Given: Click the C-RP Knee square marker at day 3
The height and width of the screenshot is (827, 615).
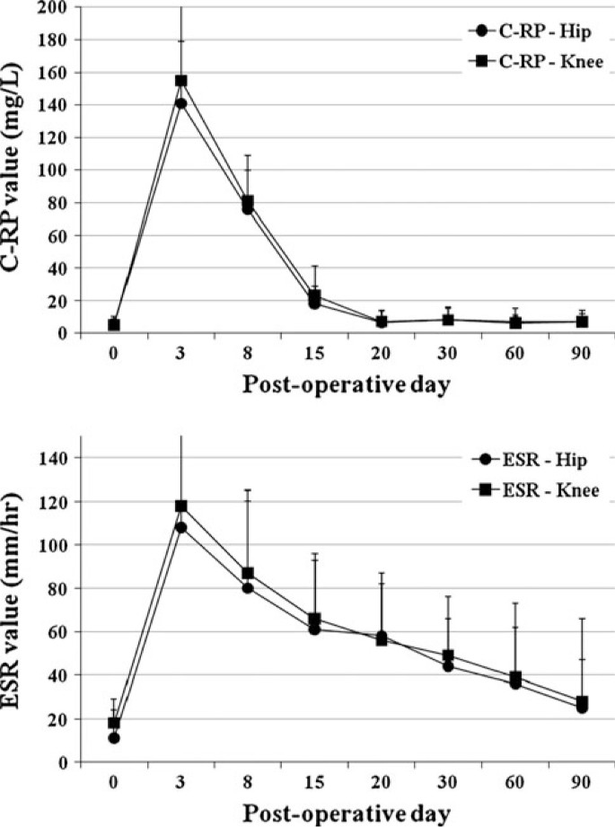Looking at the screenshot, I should coord(180,80).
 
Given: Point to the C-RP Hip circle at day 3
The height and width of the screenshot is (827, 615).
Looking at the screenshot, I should coord(180,103).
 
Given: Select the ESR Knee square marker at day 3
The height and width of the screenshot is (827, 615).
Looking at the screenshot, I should coord(180,506).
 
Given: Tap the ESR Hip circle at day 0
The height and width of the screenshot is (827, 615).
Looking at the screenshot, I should coord(114,738).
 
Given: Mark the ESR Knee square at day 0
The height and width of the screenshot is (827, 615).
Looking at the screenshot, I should coord(114,723).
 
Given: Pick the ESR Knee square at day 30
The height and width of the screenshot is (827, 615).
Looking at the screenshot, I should coord(448,655).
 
